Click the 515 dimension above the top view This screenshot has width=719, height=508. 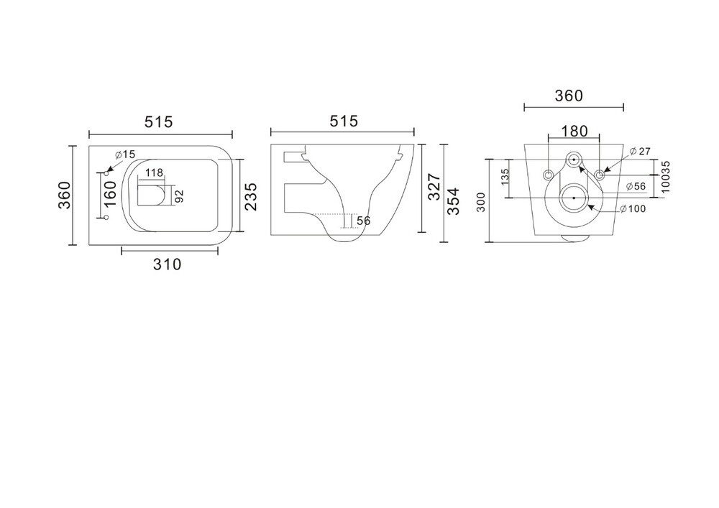point(159,122)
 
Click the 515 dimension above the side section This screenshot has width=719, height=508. point(344,121)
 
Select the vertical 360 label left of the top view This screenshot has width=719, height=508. point(65,195)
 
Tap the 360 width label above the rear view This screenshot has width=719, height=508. point(569,96)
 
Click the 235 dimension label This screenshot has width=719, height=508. point(250,196)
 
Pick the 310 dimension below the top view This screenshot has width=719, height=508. point(168,264)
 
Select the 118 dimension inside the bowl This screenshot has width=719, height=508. point(154,172)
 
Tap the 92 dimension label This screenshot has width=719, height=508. point(179,196)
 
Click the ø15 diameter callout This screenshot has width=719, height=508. point(124,154)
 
